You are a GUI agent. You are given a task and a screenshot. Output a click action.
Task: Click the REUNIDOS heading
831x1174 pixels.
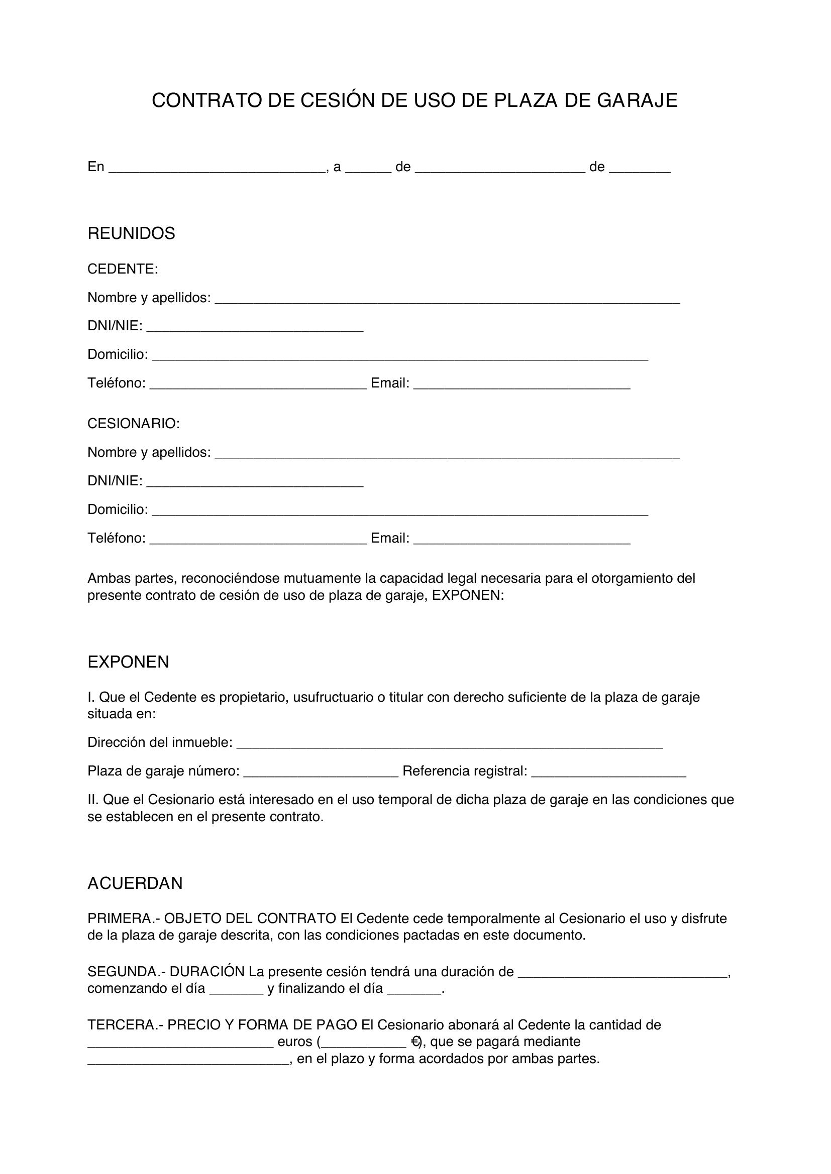[132, 233]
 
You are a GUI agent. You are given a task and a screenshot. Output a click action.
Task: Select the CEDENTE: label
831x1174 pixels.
[123, 269]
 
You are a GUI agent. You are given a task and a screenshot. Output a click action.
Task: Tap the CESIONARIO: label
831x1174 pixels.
[134, 424]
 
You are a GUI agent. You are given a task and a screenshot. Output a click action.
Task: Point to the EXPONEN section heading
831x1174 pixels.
[129, 662]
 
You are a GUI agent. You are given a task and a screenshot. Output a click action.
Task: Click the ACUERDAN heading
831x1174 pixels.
[135, 883]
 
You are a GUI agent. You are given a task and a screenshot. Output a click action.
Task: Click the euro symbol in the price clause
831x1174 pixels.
[415, 1041]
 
